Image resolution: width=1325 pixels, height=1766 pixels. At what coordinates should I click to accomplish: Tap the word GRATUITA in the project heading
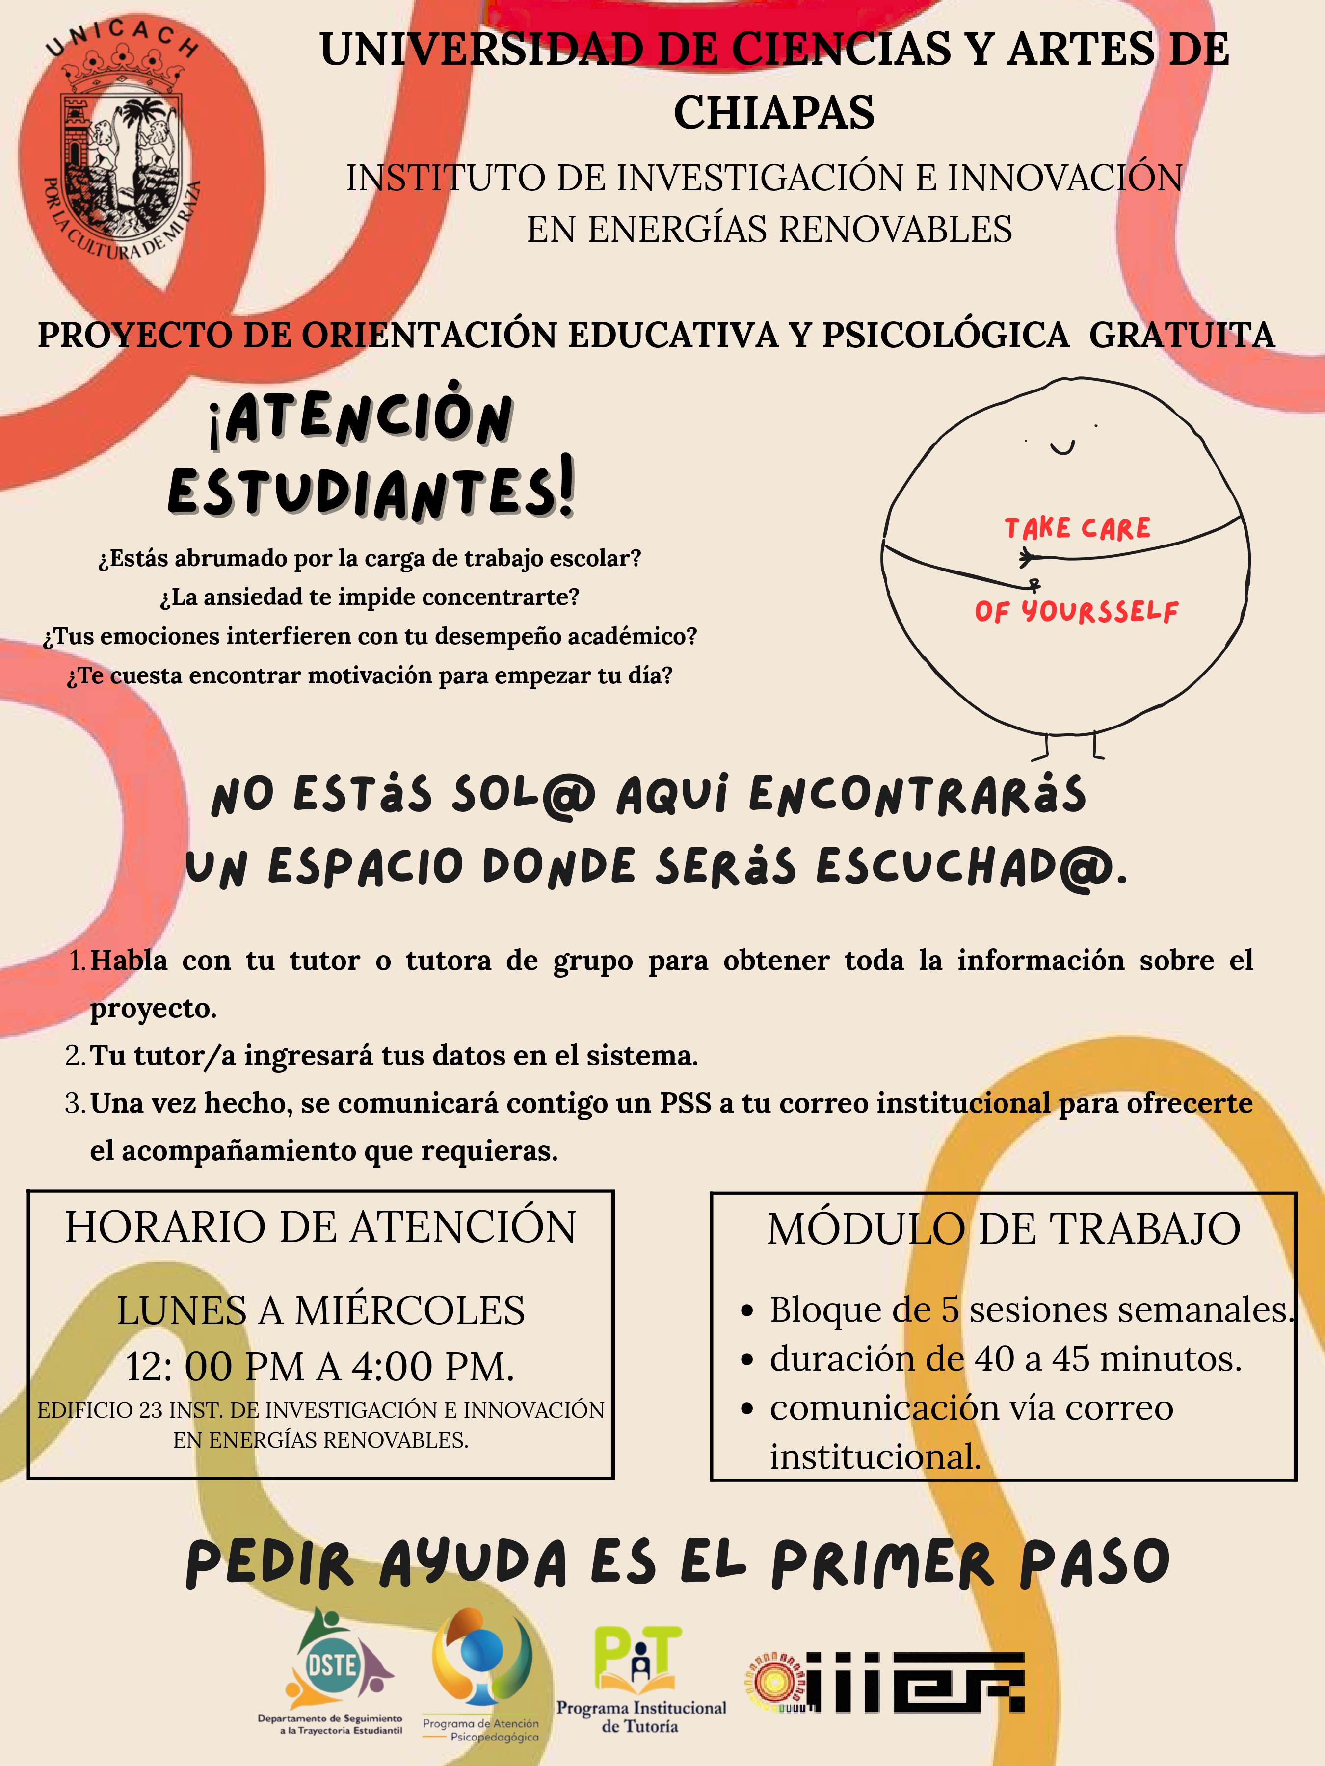1182,336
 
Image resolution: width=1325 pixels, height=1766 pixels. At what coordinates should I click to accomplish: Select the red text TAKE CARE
1077,528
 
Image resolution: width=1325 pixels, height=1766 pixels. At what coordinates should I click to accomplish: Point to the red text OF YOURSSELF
1076,612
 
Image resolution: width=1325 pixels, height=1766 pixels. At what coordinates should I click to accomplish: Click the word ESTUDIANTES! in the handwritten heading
371,489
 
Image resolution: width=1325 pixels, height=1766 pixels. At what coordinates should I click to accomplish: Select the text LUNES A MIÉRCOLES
320,1310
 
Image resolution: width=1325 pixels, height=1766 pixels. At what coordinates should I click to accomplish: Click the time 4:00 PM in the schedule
432,1366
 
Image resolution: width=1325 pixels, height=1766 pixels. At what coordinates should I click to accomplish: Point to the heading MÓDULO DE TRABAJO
1003,1229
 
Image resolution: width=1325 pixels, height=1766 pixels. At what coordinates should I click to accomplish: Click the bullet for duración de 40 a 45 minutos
747,1360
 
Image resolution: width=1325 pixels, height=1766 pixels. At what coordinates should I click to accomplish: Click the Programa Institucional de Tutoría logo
640,1677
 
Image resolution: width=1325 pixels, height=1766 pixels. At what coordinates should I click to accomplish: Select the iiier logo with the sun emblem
887,1681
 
